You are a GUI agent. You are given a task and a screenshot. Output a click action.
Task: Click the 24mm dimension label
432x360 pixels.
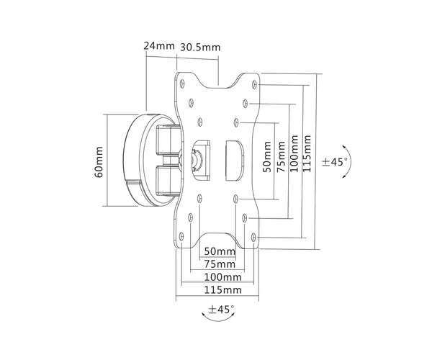pyautogui.click(x=159, y=46)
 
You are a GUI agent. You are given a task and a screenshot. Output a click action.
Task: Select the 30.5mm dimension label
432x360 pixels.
pyautogui.click(x=200, y=48)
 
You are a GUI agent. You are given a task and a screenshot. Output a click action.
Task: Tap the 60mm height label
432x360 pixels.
pyautogui.click(x=99, y=162)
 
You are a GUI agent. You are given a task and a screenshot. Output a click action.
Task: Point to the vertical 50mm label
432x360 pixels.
pyautogui.click(x=266, y=157)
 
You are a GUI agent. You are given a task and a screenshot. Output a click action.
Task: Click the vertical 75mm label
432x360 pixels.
pyautogui.click(x=281, y=157)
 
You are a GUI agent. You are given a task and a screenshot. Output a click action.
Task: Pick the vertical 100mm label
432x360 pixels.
pyautogui.click(x=294, y=153)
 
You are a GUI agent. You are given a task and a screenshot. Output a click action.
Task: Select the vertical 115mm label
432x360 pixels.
pyautogui.click(x=307, y=153)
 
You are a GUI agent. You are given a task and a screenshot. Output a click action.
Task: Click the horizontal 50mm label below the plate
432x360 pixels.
pyautogui.click(x=220, y=251)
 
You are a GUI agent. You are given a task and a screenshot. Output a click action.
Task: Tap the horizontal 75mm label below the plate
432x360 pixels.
pyautogui.click(x=220, y=264)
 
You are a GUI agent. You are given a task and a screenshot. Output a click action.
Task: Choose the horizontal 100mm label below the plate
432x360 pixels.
pyautogui.click(x=222, y=276)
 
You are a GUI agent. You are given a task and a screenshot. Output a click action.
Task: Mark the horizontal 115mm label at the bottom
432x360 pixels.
pyautogui.click(x=222, y=289)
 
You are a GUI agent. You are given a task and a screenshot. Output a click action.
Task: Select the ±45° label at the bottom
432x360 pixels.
pyautogui.click(x=221, y=309)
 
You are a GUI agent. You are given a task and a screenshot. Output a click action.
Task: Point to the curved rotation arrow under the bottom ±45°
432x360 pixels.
pyautogui.click(x=218, y=320)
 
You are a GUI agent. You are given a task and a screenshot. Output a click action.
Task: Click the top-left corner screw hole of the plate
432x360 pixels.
pyautogui.click(x=182, y=84)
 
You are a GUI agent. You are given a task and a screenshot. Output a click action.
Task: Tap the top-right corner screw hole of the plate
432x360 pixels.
pyautogui.click(x=254, y=84)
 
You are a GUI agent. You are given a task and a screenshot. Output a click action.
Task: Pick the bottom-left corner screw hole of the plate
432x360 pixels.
pyautogui.click(x=181, y=236)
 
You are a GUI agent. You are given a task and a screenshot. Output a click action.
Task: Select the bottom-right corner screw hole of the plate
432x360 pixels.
pyautogui.click(x=253, y=237)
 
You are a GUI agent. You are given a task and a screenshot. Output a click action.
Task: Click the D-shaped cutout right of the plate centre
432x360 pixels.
pyautogui.click(x=235, y=161)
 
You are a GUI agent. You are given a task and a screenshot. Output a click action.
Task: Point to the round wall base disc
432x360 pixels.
pyautogui.click(x=132, y=160)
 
